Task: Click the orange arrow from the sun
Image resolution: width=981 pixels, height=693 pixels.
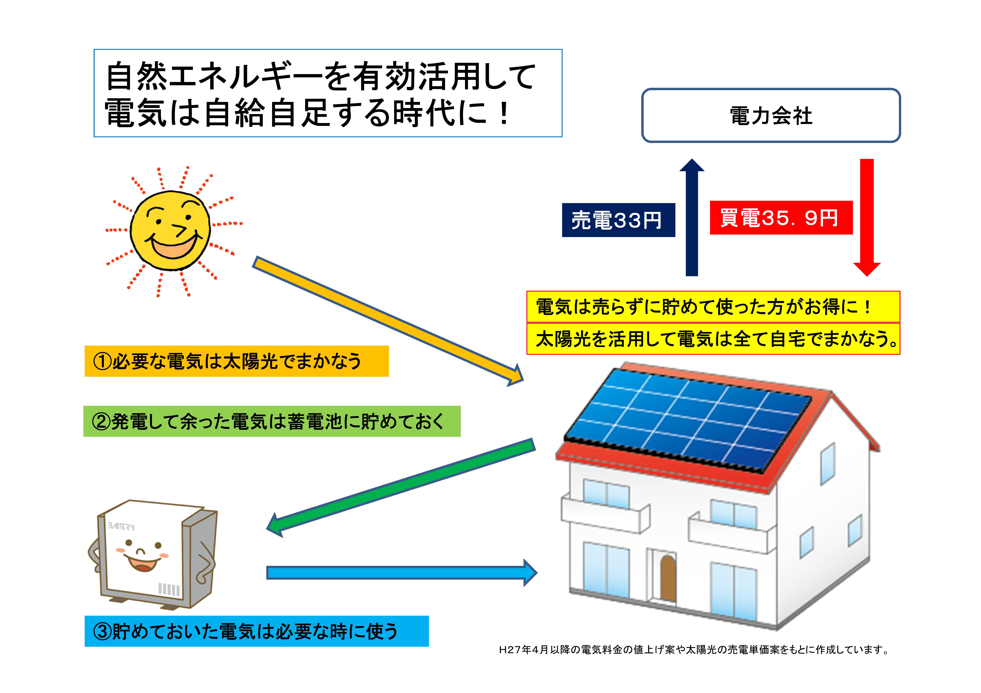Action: point(385,318)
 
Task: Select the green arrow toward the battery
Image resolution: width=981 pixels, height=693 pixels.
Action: point(402,487)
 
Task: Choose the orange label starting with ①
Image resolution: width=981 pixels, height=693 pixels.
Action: point(236,361)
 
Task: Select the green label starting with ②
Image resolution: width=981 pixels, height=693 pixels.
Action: point(272,421)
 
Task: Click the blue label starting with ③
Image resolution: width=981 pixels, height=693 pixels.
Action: point(256,631)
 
